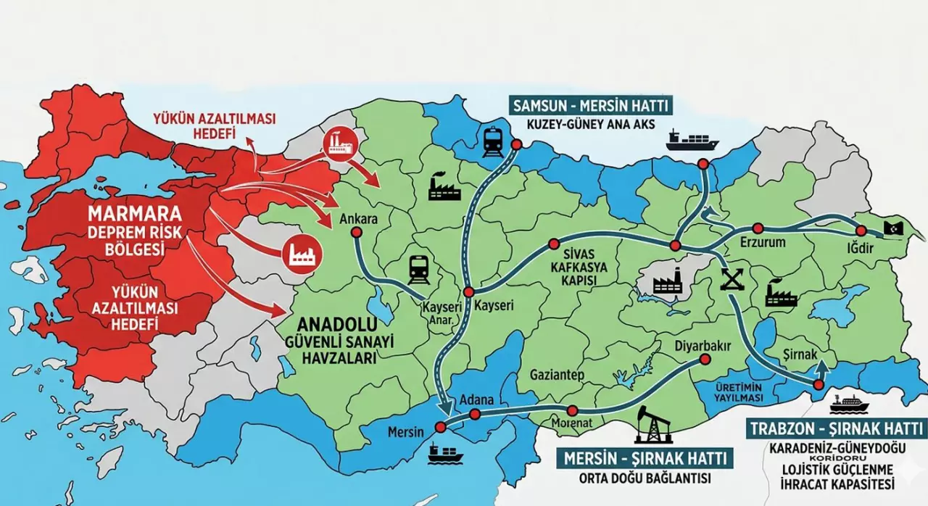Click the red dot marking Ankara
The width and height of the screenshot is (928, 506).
[356, 232]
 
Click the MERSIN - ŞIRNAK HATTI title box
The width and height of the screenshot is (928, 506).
[645, 458]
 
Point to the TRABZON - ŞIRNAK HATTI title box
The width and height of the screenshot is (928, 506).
[836, 427]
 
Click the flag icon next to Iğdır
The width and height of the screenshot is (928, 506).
[893, 229]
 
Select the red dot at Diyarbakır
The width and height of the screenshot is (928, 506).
[704, 359]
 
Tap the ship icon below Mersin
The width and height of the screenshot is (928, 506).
[444, 453]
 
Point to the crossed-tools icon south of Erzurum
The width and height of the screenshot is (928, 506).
[732, 279]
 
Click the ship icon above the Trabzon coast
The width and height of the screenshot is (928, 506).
[693, 139]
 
